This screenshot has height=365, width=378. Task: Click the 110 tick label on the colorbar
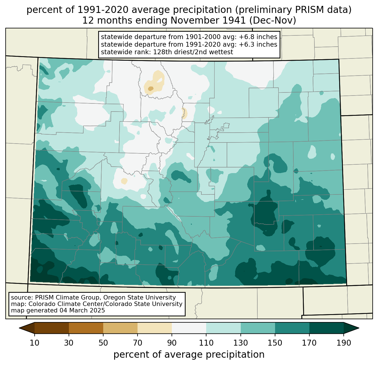(x=206, y=343)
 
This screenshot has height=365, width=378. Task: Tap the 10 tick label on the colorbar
(x=34, y=343)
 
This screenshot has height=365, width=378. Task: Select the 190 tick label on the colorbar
(x=344, y=343)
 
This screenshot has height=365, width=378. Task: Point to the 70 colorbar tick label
(x=138, y=343)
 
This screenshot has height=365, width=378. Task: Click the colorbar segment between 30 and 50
(x=86, y=328)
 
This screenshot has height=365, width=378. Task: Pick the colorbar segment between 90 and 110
(x=189, y=328)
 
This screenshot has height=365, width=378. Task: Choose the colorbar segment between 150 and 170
(x=292, y=328)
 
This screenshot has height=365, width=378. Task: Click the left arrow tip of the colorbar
(x=19, y=328)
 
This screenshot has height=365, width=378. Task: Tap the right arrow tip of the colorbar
(x=359, y=328)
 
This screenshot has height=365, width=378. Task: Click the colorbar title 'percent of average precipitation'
(x=189, y=355)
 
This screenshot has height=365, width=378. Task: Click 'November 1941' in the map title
(x=208, y=21)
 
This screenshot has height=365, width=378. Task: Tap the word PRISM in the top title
(x=307, y=10)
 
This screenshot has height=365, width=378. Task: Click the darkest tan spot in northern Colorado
(x=150, y=89)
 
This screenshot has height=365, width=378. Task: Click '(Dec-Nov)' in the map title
(x=273, y=21)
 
